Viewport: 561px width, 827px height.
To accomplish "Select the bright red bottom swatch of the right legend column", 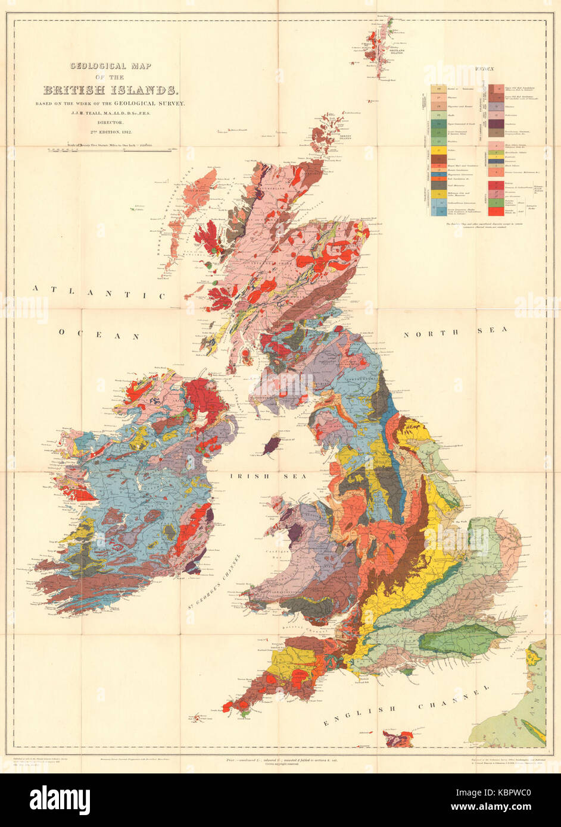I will (x=494, y=211).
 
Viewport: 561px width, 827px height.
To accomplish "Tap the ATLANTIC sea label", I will (x=99, y=292).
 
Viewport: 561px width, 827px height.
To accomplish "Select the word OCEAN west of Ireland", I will (x=99, y=336).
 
